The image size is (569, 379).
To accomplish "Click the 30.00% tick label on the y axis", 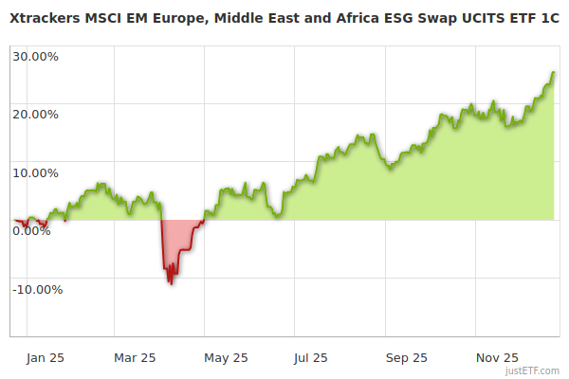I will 35,56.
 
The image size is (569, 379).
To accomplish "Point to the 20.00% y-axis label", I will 35,115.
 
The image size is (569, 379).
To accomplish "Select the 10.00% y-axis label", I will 35,173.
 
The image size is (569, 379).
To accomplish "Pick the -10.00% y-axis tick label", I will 37,290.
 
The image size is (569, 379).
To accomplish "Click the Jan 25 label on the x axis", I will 45,358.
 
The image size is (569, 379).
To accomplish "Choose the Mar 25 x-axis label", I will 134,358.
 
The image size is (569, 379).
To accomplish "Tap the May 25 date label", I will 226,358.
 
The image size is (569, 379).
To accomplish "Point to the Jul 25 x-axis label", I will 310,358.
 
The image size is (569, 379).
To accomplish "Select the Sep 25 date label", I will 406,358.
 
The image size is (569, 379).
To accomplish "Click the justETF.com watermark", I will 533,371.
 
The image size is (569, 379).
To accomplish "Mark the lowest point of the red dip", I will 171,284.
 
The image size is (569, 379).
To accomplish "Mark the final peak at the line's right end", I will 554,72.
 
